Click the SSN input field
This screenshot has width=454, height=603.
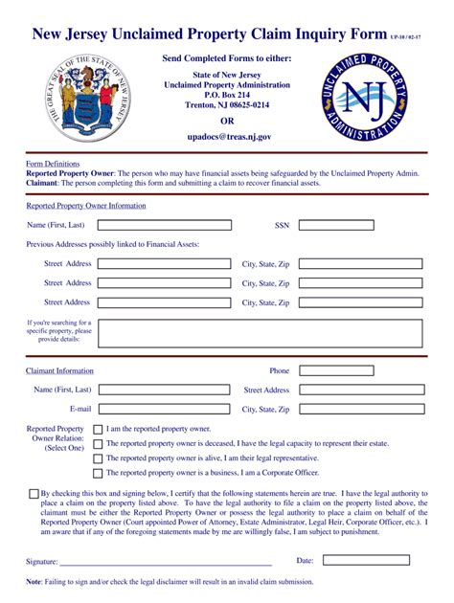[x=360, y=225]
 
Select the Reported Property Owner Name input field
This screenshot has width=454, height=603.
[x=165, y=225]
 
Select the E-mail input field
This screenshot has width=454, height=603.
[x=165, y=409]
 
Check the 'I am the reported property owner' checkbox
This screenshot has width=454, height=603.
[x=98, y=430]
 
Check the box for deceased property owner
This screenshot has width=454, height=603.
[x=98, y=444]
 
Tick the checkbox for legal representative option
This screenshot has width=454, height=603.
[x=98, y=458]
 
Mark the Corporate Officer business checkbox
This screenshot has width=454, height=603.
[x=98, y=473]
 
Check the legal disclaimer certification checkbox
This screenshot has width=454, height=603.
[x=34, y=494]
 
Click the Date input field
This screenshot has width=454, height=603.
[x=365, y=560]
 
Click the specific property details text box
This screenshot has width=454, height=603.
[x=259, y=332]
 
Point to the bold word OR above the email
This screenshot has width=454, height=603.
[x=227, y=122]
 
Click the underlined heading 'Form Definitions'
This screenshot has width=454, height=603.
[x=53, y=164]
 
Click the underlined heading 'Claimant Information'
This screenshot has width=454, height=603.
[x=59, y=370]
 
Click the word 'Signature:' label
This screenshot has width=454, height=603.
[x=42, y=561]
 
